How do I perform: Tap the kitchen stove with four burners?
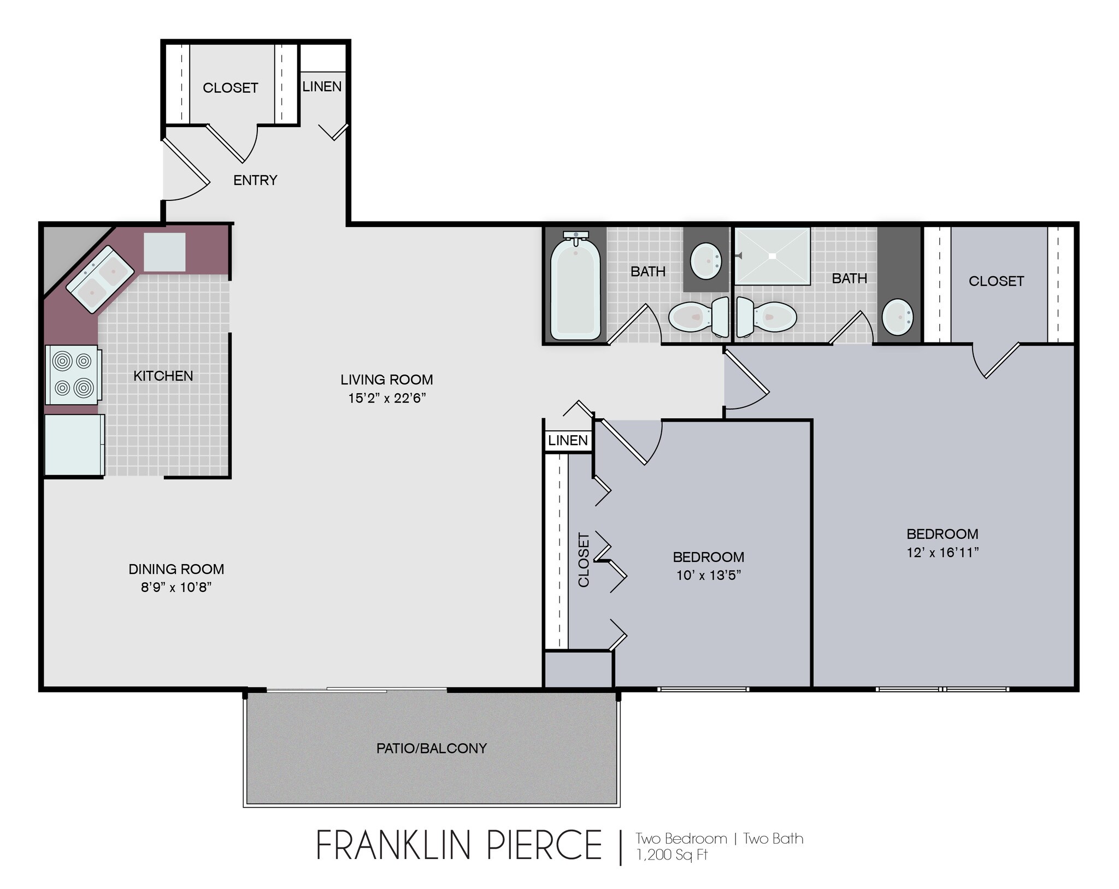pyautogui.click(x=73, y=375)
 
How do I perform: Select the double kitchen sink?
pyautogui.click(x=101, y=278)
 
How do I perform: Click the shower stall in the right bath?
pyautogui.click(x=772, y=256)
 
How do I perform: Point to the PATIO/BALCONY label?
pyautogui.click(x=432, y=748)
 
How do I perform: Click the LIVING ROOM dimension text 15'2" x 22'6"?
pyautogui.click(x=387, y=398)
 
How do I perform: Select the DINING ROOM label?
pyautogui.click(x=176, y=569)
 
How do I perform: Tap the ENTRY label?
pyautogui.click(x=255, y=180)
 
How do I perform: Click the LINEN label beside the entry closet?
pyautogui.click(x=322, y=86)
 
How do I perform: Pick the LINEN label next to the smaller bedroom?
pyautogui.click(x=568, y=441)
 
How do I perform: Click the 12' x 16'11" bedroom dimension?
pyautogui.click(x=943, y=553)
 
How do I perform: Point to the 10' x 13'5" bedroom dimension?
pyautogui.click(x=709, y=575)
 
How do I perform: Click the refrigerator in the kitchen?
pyautogui.click(x=74, y=444)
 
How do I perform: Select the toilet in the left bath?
pyautogui.click(x=699, y=317)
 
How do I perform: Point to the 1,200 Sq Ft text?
pyautogui.click(x=672, y=855)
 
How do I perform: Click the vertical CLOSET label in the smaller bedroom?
pyautogui.click(x=584, y=560)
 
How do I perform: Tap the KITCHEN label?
pyautogui.click(x=163, y=376)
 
